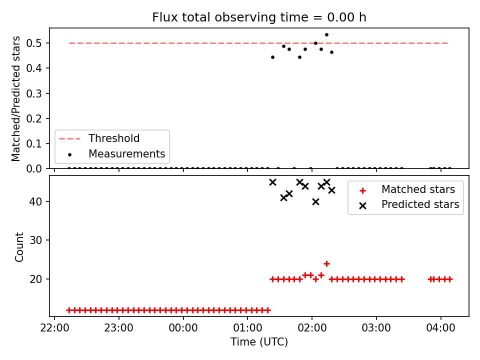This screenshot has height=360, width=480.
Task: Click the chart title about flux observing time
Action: click(259, 17)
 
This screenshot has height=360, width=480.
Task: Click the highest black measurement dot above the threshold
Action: click(326, 35)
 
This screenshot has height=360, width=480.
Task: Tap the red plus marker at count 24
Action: click(326, 263)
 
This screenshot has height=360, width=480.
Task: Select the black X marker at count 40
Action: click(315, 201)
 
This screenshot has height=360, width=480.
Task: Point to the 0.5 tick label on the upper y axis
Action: click(34, 43)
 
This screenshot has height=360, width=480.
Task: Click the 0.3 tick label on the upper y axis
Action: click(34, 93)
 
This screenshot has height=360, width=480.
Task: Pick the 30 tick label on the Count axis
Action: click(36, 240)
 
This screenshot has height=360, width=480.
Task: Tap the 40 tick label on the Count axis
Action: click(36, 201)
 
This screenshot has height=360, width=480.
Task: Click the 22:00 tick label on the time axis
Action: click(54, 328)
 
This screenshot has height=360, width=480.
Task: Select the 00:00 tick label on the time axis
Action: click(183, 328)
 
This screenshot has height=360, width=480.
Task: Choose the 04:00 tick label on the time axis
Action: click(440, 328)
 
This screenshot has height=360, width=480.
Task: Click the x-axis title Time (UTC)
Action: click(259, 341)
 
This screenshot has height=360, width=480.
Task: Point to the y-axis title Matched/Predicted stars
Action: click(15, 98)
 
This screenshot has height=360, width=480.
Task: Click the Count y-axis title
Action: click(19, 247)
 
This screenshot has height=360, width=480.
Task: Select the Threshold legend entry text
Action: click(114, 138)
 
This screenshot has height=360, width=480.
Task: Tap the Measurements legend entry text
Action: click(126, 153)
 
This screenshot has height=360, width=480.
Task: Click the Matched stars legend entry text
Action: click(418, 189)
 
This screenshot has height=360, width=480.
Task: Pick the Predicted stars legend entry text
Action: click(420, 204)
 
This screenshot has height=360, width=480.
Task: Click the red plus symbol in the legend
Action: click(363, 190)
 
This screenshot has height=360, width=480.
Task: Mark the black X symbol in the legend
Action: click(363, 205)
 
